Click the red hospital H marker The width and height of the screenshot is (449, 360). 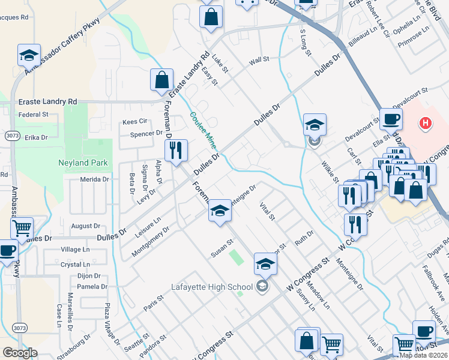[425, 124]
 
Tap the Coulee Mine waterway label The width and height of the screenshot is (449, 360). [202, 131]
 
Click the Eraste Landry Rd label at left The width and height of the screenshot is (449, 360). [48, 102]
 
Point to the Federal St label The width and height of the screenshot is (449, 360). [34, 114]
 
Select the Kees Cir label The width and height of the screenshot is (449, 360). [134, 122]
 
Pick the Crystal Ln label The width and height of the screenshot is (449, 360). [75, 264]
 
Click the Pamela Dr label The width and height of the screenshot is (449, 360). [92, 287]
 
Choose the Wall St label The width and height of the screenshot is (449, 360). [259, 61]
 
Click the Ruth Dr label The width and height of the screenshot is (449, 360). [304, 235]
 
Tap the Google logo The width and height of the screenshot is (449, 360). [20, 352]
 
